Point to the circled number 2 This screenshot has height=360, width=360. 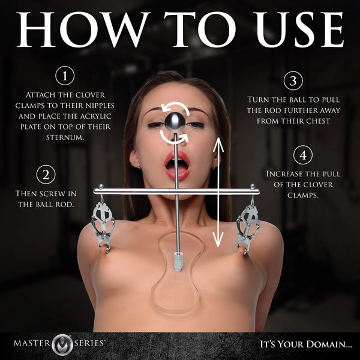pyautogui.click(x=46, y=175)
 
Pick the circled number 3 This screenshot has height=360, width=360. pyautogui.click(x=293, y=80)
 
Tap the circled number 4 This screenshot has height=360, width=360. pyautogui.click(x=303, y=155)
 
